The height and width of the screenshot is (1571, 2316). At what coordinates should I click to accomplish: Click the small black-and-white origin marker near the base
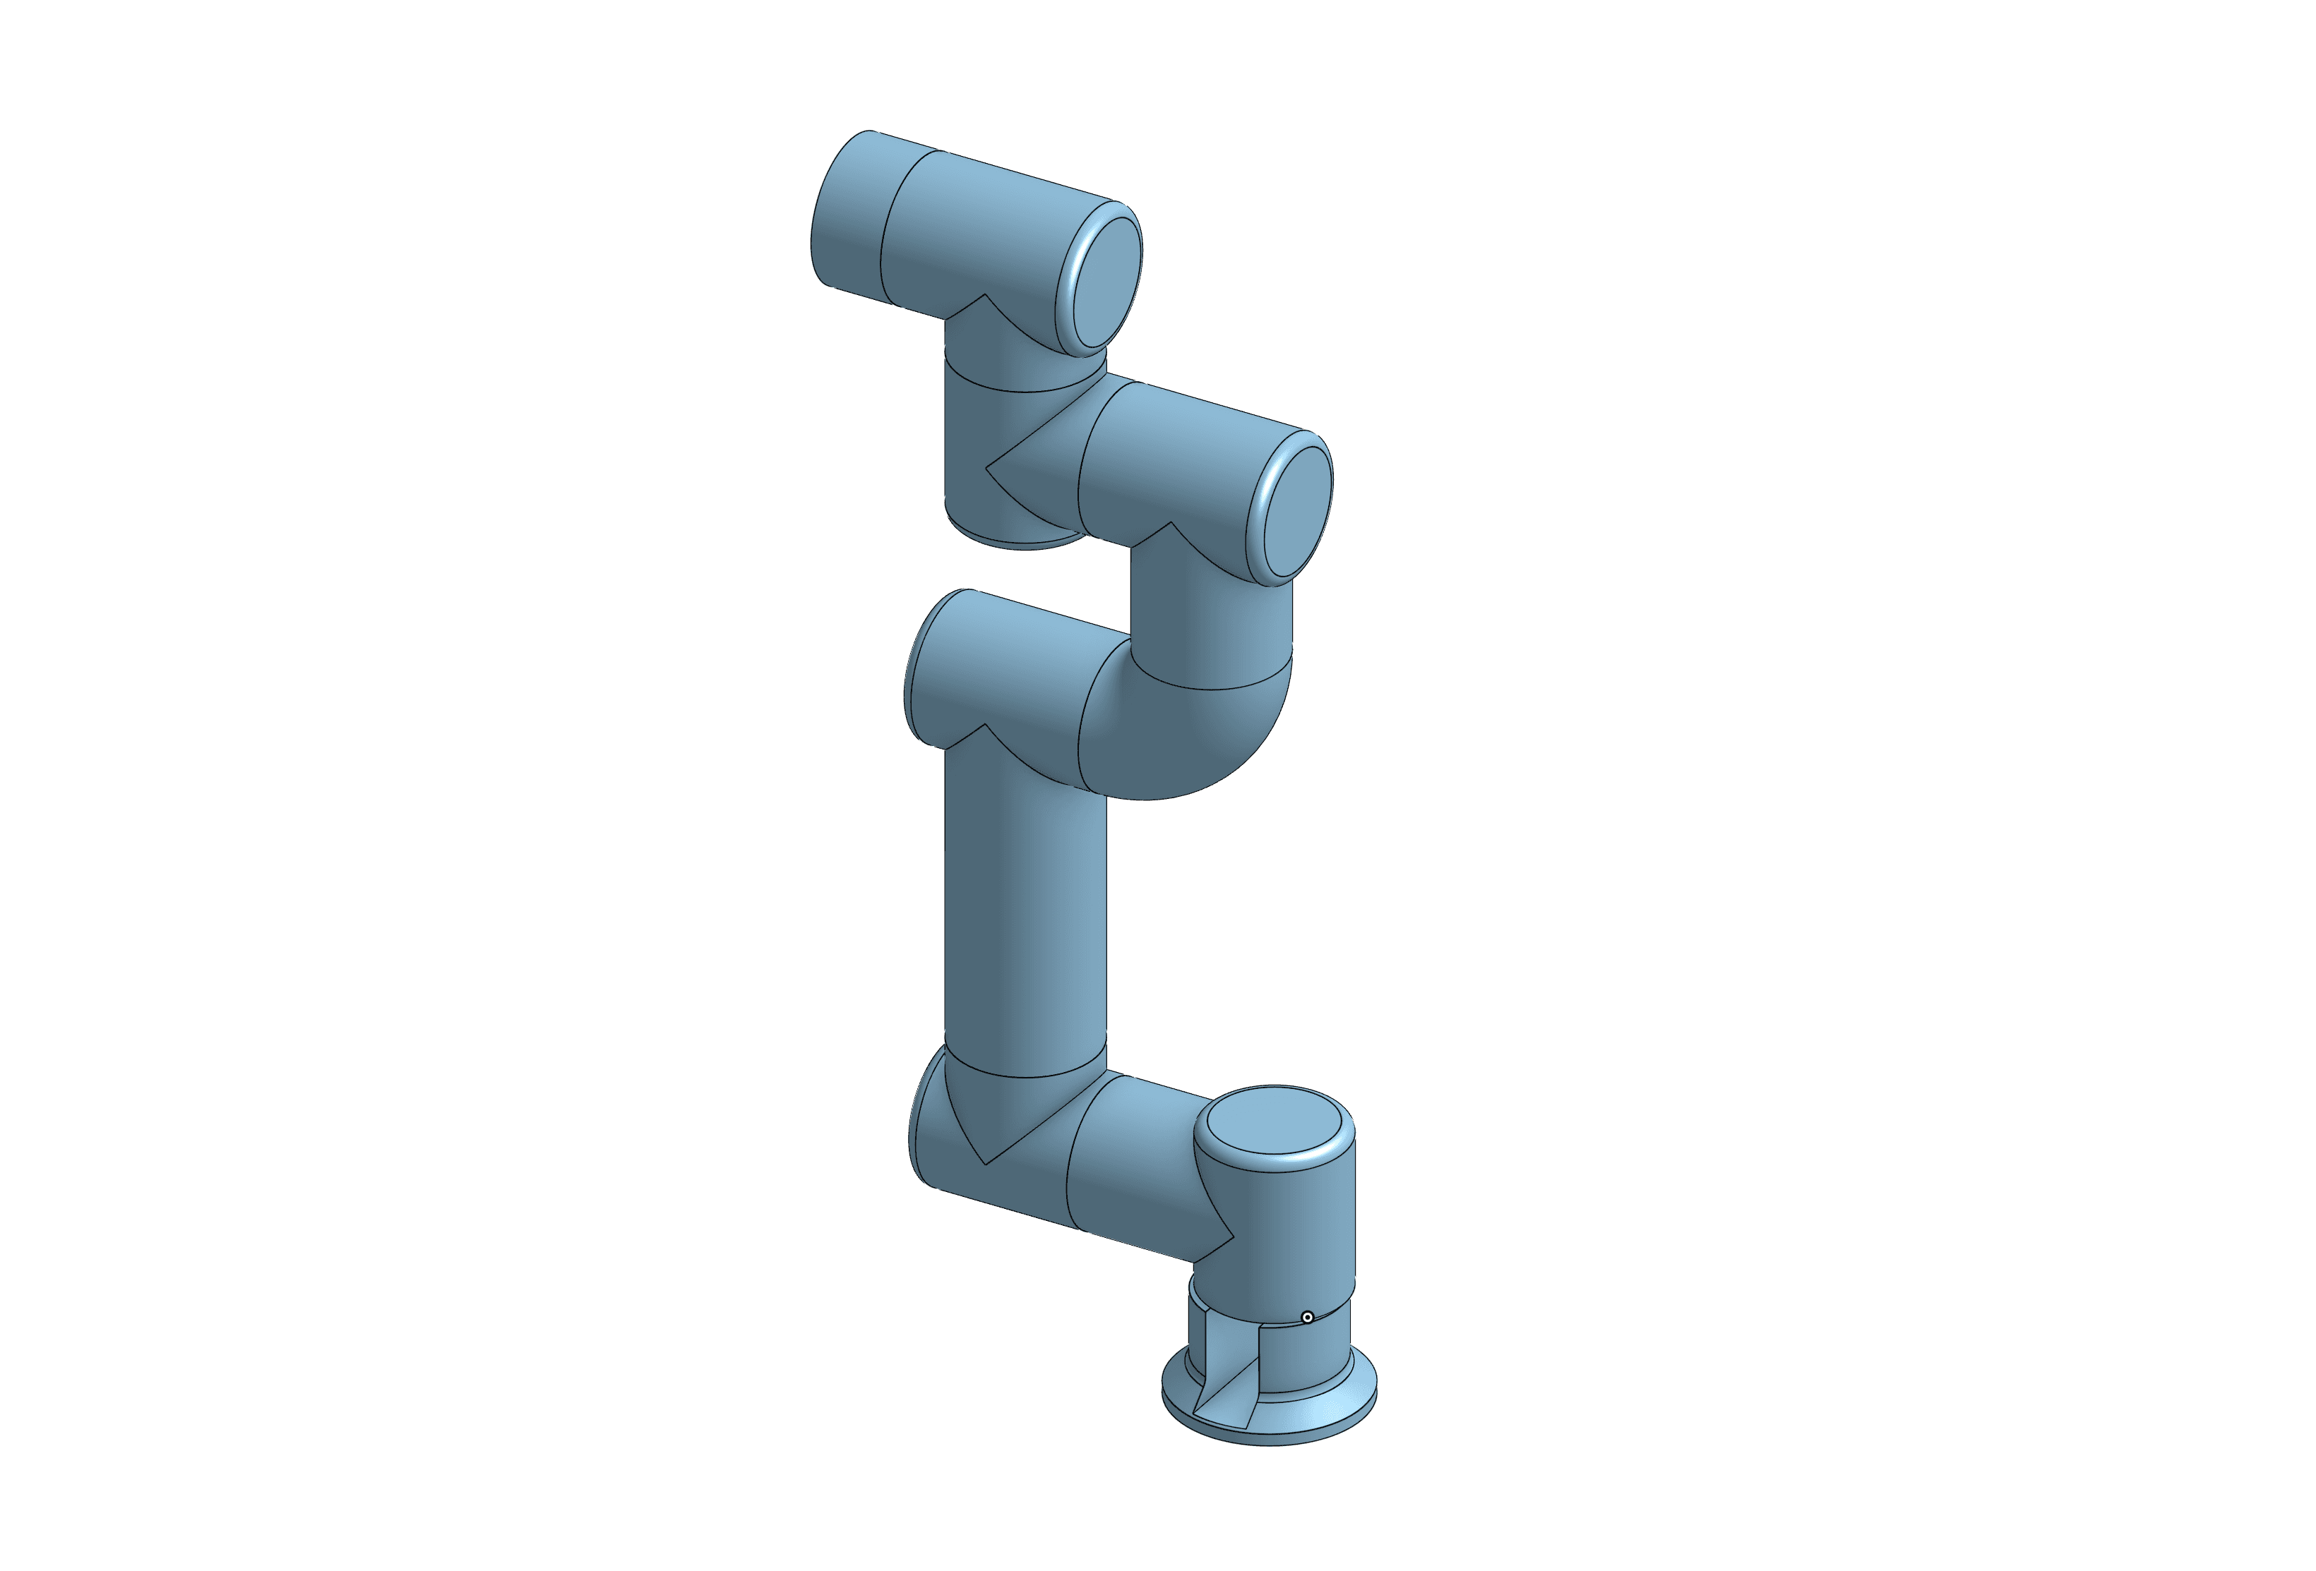(x=1308, y=1317)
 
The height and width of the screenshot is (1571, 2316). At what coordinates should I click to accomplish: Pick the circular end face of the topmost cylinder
(x=1105, y=282)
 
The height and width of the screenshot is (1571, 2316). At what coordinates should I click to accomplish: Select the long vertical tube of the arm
(x=1025, y=917)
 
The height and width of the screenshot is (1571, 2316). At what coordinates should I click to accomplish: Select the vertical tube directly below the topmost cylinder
(x=1006, y=438)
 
